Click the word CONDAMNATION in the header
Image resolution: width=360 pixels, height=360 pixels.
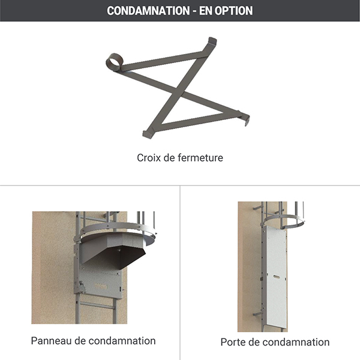coord(140,11)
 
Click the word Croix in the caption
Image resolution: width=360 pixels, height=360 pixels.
coord(149,158)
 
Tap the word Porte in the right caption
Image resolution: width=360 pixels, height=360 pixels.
coord(234,342)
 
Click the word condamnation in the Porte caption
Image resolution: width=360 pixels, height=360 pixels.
coord(294,342)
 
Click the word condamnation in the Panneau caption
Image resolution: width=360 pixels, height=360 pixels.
coord(122,341)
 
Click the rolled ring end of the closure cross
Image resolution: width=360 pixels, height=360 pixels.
coord(115,62)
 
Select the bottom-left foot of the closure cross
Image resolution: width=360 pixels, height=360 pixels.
coord(148,133)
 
